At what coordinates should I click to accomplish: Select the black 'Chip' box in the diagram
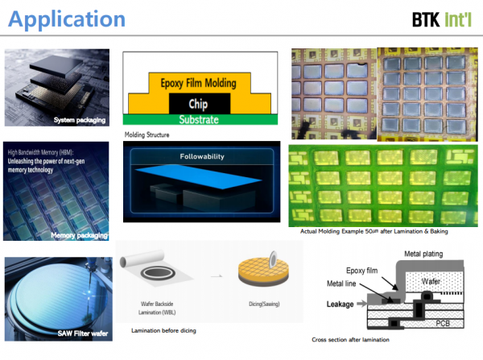[198, 104]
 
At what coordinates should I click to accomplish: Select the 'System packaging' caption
[79, 120]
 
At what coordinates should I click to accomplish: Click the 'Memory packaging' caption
[78, 234]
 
